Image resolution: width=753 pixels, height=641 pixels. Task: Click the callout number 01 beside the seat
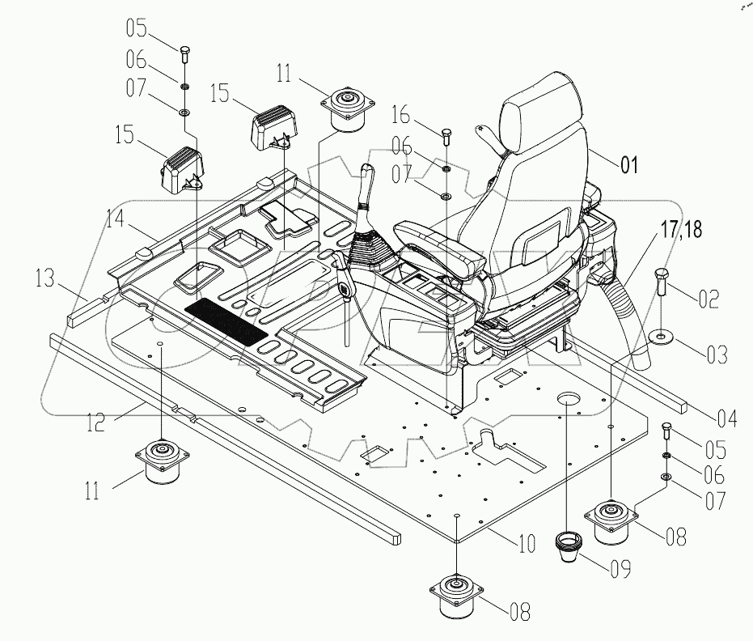[x=629, y=165]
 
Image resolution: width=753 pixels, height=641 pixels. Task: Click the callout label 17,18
[x=681, y=229]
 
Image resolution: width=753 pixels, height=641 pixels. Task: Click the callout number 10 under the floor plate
[x=527, y=543]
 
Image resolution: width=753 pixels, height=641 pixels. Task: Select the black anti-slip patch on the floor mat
[x=226, y=321]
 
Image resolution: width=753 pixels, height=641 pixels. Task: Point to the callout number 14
[x=115, y=219]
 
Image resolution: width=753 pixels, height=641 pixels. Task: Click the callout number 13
[x=45, y=278]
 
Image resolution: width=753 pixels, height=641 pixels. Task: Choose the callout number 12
[x=96, y=421]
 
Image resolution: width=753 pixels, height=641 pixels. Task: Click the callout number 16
[x=401, y=115]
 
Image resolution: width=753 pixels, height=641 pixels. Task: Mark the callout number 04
[x=726, y=418]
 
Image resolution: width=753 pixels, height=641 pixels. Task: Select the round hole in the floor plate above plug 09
[x=568, y=398]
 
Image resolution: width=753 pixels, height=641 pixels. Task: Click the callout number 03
[x=717, y=354]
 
